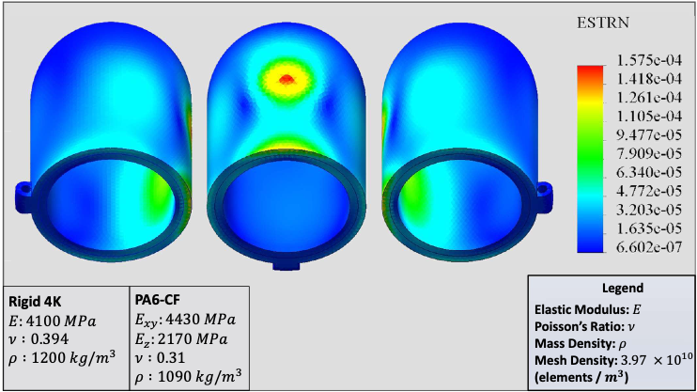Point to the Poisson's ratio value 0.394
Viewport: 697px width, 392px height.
click(x=46, y=337)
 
